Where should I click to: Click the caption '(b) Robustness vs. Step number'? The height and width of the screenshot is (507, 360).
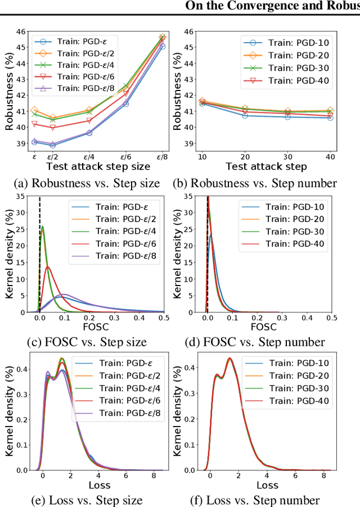(x=263, y=183)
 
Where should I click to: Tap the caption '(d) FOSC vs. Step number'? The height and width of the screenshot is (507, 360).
(x=263, y=342)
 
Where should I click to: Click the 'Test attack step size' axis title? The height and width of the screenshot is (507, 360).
(x=98, y=166)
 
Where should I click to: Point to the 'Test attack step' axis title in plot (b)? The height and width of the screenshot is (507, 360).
(x=266, y=166)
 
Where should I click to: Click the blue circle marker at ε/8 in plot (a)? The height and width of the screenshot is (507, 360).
(x=163, y=46)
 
